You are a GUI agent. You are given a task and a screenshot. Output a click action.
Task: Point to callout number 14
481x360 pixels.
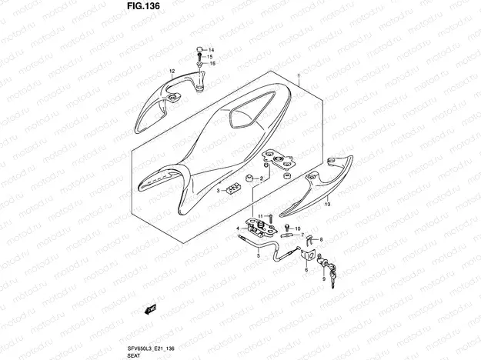212,49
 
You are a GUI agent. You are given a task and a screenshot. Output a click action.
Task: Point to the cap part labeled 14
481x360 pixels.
199,50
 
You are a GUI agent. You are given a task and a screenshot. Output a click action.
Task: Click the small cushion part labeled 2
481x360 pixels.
249,179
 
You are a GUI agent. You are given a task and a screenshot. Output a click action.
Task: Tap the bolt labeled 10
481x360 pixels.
286,228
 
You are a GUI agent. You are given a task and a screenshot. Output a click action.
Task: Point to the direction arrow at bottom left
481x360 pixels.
150,310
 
